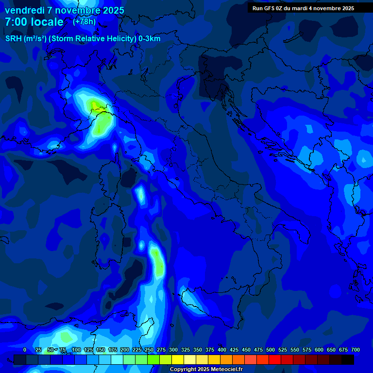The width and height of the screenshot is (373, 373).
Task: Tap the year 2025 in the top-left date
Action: [110, 10]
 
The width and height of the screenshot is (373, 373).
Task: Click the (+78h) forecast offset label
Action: [85, 22]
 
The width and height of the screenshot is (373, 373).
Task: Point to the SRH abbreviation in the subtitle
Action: [14, 39]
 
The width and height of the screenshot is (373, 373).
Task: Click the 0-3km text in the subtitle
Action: [150, 39]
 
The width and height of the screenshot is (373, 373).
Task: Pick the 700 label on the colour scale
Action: [355, 350]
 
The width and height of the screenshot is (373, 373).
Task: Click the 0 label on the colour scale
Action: [25, 350]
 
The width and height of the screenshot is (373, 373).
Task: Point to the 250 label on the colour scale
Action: [149, 350]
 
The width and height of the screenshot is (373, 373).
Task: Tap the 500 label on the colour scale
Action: [270, 350]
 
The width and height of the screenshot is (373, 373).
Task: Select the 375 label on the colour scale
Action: [209, 350]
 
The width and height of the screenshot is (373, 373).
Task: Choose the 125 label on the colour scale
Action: [88, 350]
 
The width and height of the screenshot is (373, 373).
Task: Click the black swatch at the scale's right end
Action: [348, 359]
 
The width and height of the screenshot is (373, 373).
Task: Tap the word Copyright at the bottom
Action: [184, 370]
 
